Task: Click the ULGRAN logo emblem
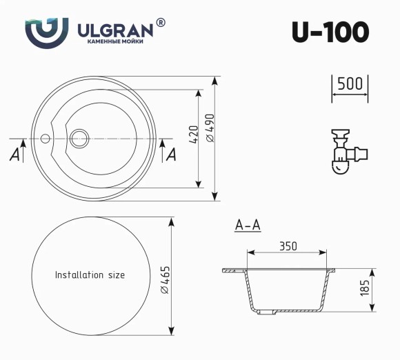coord(46,30)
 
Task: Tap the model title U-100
coord(330,32)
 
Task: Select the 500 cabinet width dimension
coord(350,84)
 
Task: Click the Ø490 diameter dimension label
coord(210,129)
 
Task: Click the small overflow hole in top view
coord(46,137)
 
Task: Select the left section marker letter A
coord(14,154)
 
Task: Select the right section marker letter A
coord(171,154)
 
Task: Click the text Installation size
coord(90,275)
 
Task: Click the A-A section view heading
coord(247,226)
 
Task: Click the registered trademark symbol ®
coord(161,23)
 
